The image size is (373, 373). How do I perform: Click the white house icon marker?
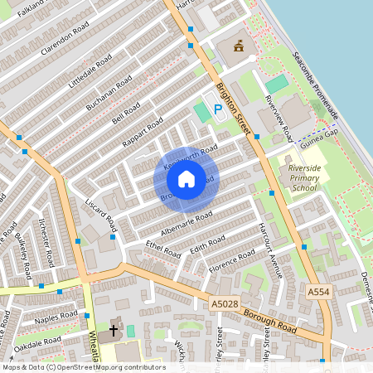point(186,178)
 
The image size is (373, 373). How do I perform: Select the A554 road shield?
point(318,293)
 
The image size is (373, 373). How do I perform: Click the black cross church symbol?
point(114,331)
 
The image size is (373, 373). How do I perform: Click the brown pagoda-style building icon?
point(239,46)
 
